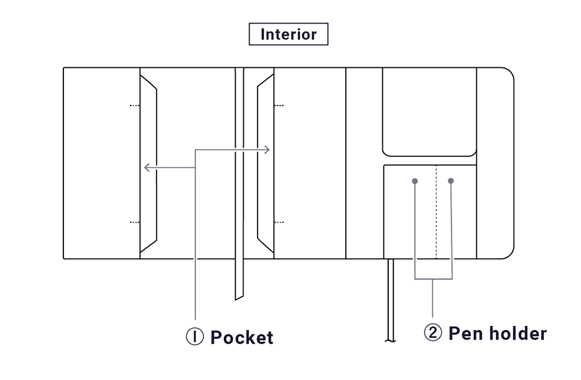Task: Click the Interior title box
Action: (289, 34)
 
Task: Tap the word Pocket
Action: (242, 337)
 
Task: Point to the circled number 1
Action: (195, 336)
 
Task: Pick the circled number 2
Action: (433, 332)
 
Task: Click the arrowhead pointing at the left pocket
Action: (147, 168)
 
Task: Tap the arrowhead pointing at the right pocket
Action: (267, 150)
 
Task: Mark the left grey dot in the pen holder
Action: (415, 181)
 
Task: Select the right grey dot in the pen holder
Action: (450, 181)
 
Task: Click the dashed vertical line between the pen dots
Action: (436, 212)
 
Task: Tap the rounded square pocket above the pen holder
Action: (429, 112)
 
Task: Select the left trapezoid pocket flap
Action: (148, 164)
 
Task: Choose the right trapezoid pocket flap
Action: (265, 164)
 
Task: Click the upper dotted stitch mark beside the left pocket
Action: (135, 106)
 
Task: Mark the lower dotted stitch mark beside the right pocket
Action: (279, 222)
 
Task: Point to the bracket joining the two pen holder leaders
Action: (433, 278)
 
